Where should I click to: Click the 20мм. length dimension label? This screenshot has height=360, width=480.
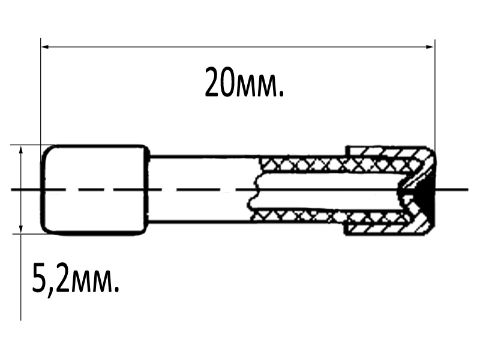click(x=244, y=82)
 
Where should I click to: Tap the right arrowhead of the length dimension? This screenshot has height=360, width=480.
click(x=430, y=47)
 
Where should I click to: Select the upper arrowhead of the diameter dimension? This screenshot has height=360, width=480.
click(x=21, y=149)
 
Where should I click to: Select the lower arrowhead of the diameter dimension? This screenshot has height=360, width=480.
click(x=21, y=229)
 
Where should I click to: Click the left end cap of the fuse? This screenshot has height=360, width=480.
click(x=95, y=190)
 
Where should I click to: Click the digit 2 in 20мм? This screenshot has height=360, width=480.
click(x=212, y=82)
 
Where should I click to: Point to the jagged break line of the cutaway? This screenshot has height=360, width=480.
click(x=256, y=190)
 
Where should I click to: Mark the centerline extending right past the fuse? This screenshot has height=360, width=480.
click(x=452, y=190)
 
